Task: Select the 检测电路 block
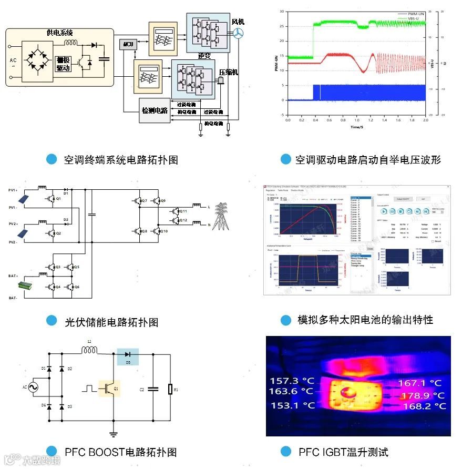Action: click(x=155, y=110)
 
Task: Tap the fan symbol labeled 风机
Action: click(x=238, y=33)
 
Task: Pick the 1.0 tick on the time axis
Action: click(x=357, y=120)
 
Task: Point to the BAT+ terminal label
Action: click(x=13, y=276)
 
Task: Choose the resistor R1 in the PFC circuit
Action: click(x=170, y=390)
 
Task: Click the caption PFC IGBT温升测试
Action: click(x=343, y=452)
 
